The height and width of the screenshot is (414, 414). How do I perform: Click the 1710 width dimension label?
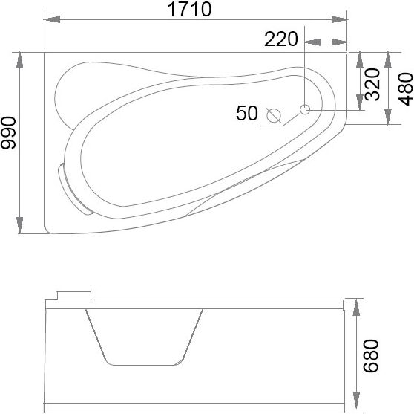pyautogui.click(x=190, y=9)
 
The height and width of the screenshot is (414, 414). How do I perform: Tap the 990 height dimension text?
pyautogui.click(x=8, y=133)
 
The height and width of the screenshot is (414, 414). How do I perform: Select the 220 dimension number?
pyautogui.click(x=281, y=39)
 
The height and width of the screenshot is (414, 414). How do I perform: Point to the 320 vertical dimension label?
pyautogui.click(x=372, y=85)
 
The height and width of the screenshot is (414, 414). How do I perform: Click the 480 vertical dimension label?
pyautogui.click(x=405, y=89)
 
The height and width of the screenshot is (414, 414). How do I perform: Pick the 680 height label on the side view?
pyautogui.click(x=371, y=356)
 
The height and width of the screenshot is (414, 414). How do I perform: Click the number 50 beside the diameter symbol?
pyautogui.click(x=247, y=113)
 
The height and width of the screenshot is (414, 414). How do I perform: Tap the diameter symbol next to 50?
pyautogui.click(x=274, y=116)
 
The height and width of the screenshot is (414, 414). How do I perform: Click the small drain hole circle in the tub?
pyautogui.click(x=305, y=109)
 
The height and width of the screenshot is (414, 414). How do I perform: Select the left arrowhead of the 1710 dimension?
pyautogui.click(x=52, y=19)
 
